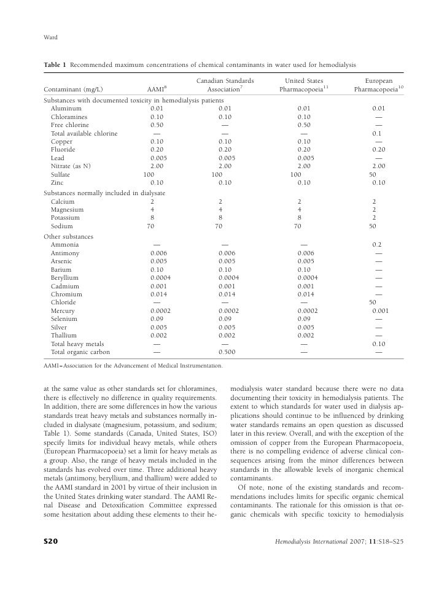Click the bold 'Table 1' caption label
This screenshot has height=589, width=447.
point(56,64)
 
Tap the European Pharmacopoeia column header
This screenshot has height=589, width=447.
point(379,85)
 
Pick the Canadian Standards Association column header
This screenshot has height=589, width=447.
point(225,85)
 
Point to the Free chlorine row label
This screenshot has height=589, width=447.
point(69,125)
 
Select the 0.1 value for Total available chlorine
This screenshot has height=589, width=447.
point(378,133)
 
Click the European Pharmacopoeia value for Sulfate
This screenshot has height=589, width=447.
point(372,174)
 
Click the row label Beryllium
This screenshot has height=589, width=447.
point(64,277)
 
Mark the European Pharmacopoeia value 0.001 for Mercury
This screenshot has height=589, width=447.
point(379,310)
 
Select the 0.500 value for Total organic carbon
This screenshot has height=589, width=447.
point(227,352)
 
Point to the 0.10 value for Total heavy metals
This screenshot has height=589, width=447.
point(379,344)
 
